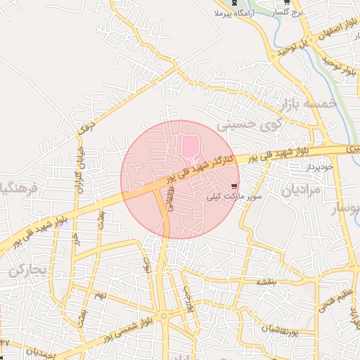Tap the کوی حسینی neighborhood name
(243, 124)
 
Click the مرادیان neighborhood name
(301, 191)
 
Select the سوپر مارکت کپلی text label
(234, 198)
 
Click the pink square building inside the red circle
(191, 147)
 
